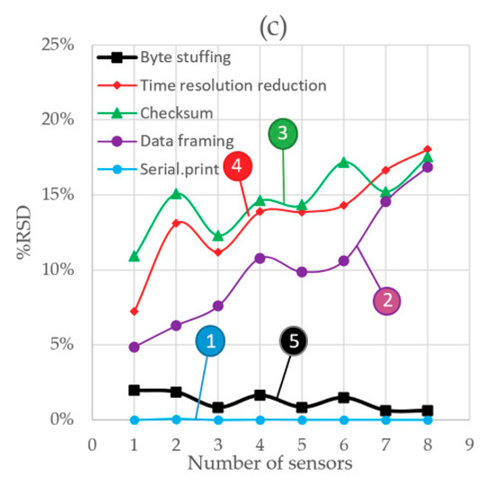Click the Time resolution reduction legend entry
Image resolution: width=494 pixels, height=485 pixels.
[x=221, y=85]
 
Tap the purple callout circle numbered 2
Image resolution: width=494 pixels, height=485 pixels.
[x=387, y=301]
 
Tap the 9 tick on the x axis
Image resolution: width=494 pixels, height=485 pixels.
[x=469, y=444]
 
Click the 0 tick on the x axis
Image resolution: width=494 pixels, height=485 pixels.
[x=92, y=444]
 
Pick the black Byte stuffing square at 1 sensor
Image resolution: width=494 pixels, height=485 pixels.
[x=134, y=390]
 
